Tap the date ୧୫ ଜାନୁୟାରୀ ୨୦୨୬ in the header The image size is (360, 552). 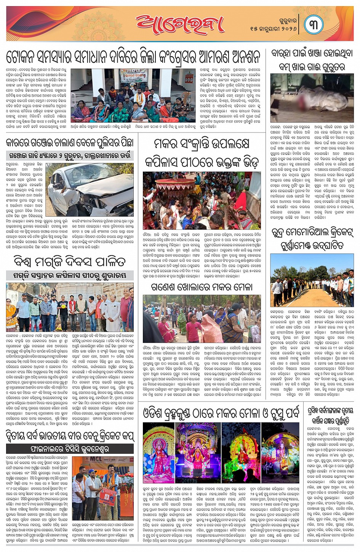(273, 29)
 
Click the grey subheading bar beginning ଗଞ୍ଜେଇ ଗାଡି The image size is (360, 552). (70, 156)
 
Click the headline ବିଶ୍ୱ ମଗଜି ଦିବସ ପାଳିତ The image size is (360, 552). (70, 262)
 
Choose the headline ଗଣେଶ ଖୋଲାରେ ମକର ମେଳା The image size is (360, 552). (201, 286)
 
